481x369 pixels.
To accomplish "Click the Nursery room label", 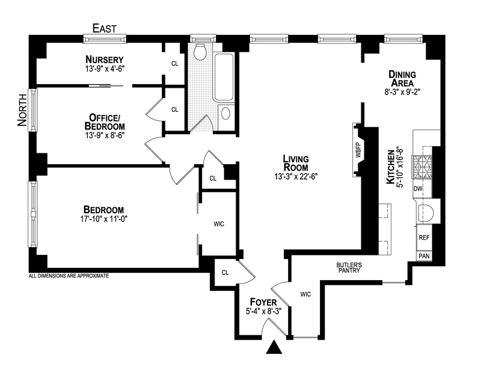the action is click(105, 59).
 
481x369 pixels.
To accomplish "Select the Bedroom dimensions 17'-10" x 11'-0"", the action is click(105, 219).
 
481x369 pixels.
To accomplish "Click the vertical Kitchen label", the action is click(391, 166).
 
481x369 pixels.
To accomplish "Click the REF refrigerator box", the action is click(424, 238).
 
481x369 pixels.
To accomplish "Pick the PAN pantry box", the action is click(424, 255).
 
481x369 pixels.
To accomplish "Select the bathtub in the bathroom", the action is click(224, 77).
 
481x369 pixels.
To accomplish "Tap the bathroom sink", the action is click(226, 113).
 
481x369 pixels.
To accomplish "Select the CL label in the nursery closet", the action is click(175, 63).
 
